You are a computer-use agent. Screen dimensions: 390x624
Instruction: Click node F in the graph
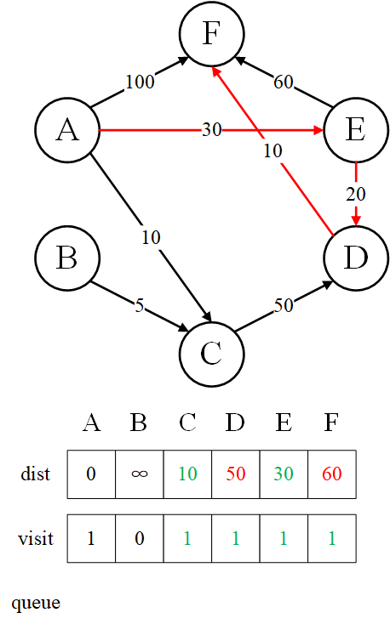(211, 33)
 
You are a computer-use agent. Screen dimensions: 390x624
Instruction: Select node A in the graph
(67, 130)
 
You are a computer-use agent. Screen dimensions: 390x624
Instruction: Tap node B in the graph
(67, 258)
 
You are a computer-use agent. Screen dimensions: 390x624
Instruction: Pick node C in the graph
(211, 354)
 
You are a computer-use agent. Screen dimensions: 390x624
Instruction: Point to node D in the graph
(356, 258)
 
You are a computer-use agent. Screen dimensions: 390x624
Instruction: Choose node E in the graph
(356, 130)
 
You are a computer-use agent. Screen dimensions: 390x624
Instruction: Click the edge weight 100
(140, 82)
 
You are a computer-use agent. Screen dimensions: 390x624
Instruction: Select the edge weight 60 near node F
(283, 82)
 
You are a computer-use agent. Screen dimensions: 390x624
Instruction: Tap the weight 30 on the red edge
(211, 130)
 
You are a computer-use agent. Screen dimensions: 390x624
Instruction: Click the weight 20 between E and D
(356, 194)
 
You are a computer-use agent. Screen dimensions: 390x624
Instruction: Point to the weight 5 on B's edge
(139, 305)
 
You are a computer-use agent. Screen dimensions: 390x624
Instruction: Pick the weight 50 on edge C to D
(284, 306)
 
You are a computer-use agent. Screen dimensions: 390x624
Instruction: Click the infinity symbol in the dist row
(139, 474)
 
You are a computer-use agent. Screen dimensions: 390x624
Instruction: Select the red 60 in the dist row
(332, 474)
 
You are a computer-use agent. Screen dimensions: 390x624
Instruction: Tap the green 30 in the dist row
(284, 474)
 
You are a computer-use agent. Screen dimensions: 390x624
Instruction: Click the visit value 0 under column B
(139, 538)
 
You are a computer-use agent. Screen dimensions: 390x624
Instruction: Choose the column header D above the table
(235, 423)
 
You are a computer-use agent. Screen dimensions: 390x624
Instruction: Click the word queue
(36, 604)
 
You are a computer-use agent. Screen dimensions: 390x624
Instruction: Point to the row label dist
(36, 474)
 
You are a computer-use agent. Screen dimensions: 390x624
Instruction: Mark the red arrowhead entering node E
(318, 130)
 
